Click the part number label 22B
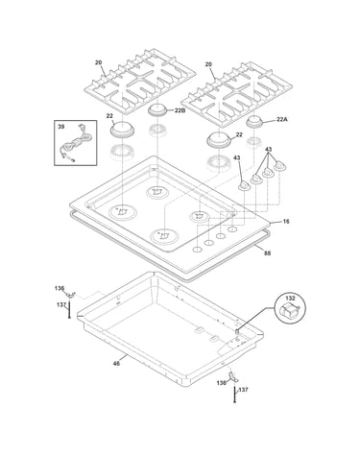point(180,110)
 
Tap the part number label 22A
point(282,119)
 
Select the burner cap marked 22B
point(157,109)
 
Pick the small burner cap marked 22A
point(254,123)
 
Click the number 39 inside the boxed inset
point(60,127)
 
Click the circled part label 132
point(290,299)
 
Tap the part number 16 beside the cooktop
point(286,221)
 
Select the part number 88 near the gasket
point(268,253)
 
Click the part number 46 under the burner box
point(116,363)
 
